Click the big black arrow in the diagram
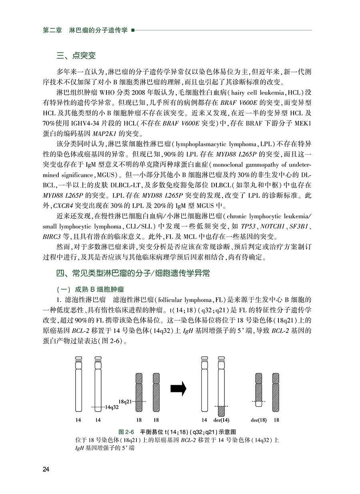click(x=179, y=388)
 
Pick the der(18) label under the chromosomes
click(x=258, y=420)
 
